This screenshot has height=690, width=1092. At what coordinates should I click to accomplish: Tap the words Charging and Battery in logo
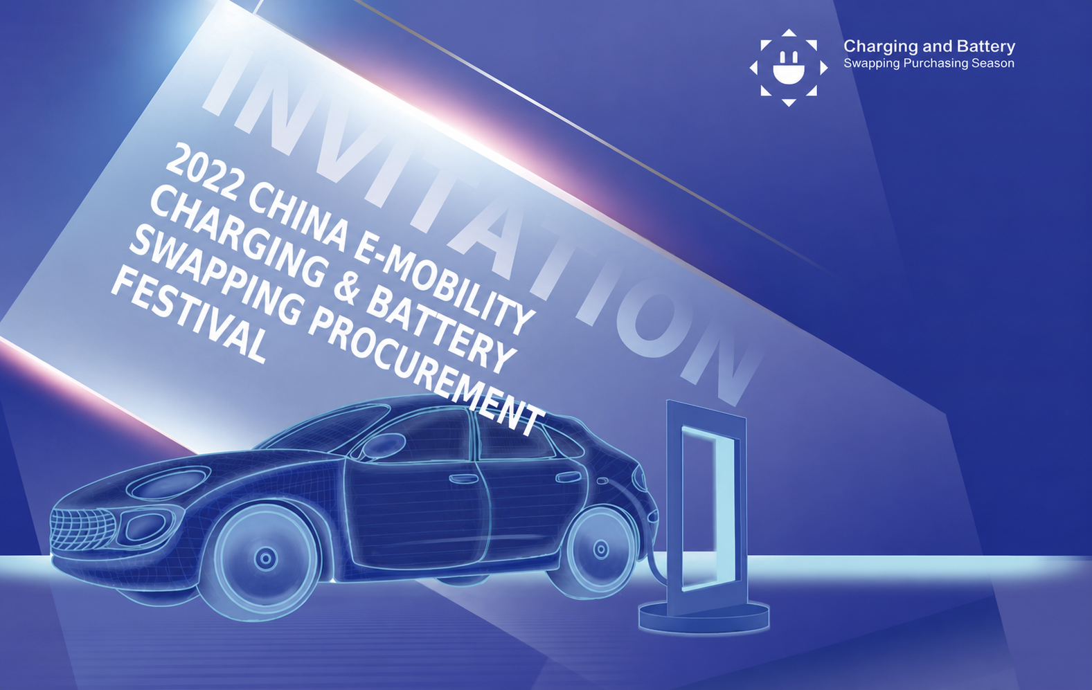tap(929, 46)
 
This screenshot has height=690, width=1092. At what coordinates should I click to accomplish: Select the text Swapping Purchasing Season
tap(929, 64)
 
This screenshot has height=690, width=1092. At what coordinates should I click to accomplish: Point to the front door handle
tap(464, 478)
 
